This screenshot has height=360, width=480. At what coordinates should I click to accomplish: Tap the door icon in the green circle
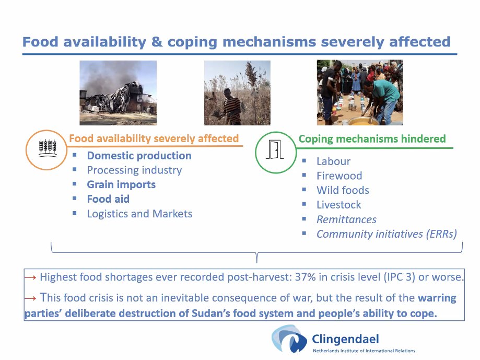pos(275,152)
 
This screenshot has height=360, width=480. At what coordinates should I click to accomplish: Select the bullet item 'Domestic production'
pos(139,156)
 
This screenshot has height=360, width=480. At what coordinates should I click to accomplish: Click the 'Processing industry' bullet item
pos(134,170)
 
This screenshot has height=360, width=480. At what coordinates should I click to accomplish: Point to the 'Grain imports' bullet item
pos(121,184)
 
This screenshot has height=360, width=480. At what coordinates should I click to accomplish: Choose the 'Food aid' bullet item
pos(108,199)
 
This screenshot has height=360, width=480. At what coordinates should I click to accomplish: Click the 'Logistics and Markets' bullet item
pos(139,214)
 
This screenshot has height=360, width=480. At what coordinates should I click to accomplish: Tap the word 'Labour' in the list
pos(333,161)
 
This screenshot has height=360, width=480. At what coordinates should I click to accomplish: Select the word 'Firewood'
pos(339,176)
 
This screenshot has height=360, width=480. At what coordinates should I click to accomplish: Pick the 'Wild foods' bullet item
pos(343,190)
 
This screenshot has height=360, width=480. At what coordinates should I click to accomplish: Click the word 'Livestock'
pos(338,205)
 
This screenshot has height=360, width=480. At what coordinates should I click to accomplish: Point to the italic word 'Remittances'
pos(346,219)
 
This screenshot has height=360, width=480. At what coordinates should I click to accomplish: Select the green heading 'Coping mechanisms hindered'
pos(372,139)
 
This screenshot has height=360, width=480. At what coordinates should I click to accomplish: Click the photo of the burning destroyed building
pos(118,92)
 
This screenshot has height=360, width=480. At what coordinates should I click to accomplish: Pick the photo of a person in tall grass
pos(237,92)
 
